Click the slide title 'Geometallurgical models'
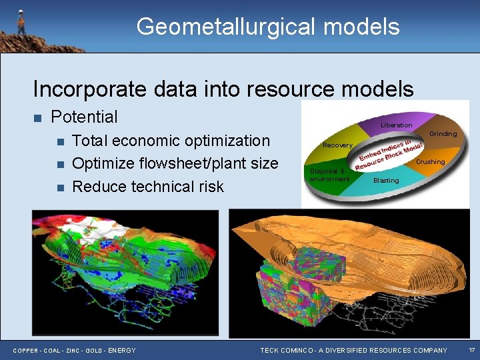pyautogui.click(x=268, y=27)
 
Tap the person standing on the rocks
pyautogui.click(x=21, y=22)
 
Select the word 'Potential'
pyautogui.click(x=84, y=117)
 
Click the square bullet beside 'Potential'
pyautogui.click(x=37, y=118)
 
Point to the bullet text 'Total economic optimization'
pyautogui.click(x=171, y=141)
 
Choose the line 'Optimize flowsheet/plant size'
pyautogui.click(x=175, y=163)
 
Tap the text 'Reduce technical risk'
pyautogui.click(x=147, y=186)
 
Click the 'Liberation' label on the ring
pyautogui.click(x=396, y=125)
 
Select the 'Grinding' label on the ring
pyautogui.click(x=443, y=134)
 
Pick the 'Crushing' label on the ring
pyautogui.click(x=430, y=162)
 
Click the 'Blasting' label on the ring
pyautogui.click(x=386, y=181)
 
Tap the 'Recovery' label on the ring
pyautogui.click(x=337, y=145)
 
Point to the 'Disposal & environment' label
pyautogui.click(x=329, y=175)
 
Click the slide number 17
pyautogui.click(x=471, y=350)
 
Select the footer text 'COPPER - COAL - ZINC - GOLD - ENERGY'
pyautogui.click(x=75, y=351)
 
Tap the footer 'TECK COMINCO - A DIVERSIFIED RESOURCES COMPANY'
pyautogui.click(x=353, y=351)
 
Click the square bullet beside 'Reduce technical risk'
pyautogui.click(x=59, y=187)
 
